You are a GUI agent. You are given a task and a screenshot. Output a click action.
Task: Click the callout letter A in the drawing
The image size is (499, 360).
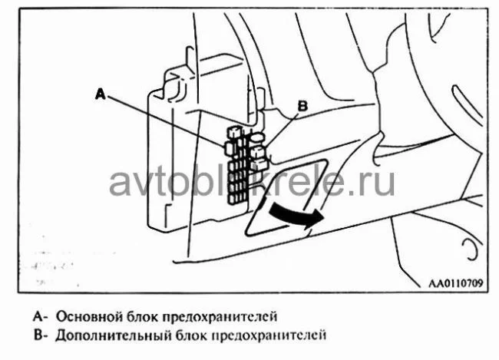[x=101, y=94]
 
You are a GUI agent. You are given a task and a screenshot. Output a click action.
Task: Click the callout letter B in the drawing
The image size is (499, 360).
[x=302, y=106]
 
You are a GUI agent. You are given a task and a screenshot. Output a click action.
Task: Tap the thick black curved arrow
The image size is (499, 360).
[x=296, y=216]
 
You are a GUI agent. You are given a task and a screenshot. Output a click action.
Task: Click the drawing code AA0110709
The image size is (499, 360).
[x=456, y=283]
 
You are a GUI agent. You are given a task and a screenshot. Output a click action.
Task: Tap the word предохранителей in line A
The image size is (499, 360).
[x=220, y=317]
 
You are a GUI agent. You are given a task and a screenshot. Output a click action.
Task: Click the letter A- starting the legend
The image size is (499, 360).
[x=41, y=316]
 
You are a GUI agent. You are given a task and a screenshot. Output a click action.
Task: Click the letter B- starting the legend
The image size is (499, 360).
[x=41, y=335]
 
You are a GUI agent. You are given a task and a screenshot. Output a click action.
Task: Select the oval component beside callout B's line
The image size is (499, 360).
[x=258, y=137]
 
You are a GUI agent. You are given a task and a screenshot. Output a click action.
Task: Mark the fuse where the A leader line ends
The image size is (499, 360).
[x=229, y=147]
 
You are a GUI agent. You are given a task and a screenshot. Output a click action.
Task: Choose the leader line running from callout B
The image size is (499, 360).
[x=282, y=130]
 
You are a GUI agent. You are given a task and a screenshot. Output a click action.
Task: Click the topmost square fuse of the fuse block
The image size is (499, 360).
[x=235, y=131]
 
